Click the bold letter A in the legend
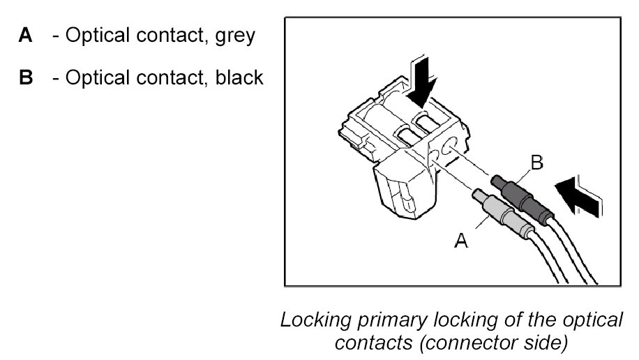coord(25,36)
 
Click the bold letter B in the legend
coord(26,77)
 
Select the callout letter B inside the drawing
coord(536,164)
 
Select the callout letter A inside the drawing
coord(461,241)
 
